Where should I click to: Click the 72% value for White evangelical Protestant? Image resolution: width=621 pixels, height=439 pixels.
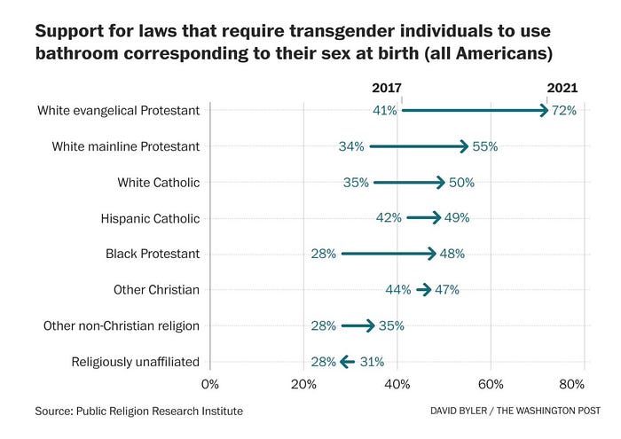[564, 111]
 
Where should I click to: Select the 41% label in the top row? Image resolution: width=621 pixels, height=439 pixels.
[385, 111]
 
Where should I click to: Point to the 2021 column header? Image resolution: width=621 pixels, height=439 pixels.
[562, 89]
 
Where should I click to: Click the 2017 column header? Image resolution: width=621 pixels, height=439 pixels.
[386, 89]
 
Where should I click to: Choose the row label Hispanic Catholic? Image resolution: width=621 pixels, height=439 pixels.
[152, 218]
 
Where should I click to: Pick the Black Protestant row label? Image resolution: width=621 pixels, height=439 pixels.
[153, 254]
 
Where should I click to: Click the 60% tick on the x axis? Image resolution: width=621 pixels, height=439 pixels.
[491, 384]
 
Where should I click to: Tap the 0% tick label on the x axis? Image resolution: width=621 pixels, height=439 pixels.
[209, 384]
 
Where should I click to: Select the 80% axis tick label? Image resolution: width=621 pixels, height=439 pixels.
[572, 384]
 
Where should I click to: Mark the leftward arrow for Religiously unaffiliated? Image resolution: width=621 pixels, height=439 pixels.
[346, 362]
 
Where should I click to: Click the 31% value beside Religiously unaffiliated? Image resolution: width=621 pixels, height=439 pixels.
[372, 362]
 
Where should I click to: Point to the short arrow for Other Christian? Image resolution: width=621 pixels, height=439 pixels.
[423, 290]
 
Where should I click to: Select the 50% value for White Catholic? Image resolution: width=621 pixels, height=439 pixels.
[461, 183]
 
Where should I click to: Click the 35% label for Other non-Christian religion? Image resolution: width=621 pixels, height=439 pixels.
[391, 325]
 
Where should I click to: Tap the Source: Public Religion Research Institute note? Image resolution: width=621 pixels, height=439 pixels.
[138, 412]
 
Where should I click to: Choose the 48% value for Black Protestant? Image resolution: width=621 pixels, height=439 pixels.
[452, 254]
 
